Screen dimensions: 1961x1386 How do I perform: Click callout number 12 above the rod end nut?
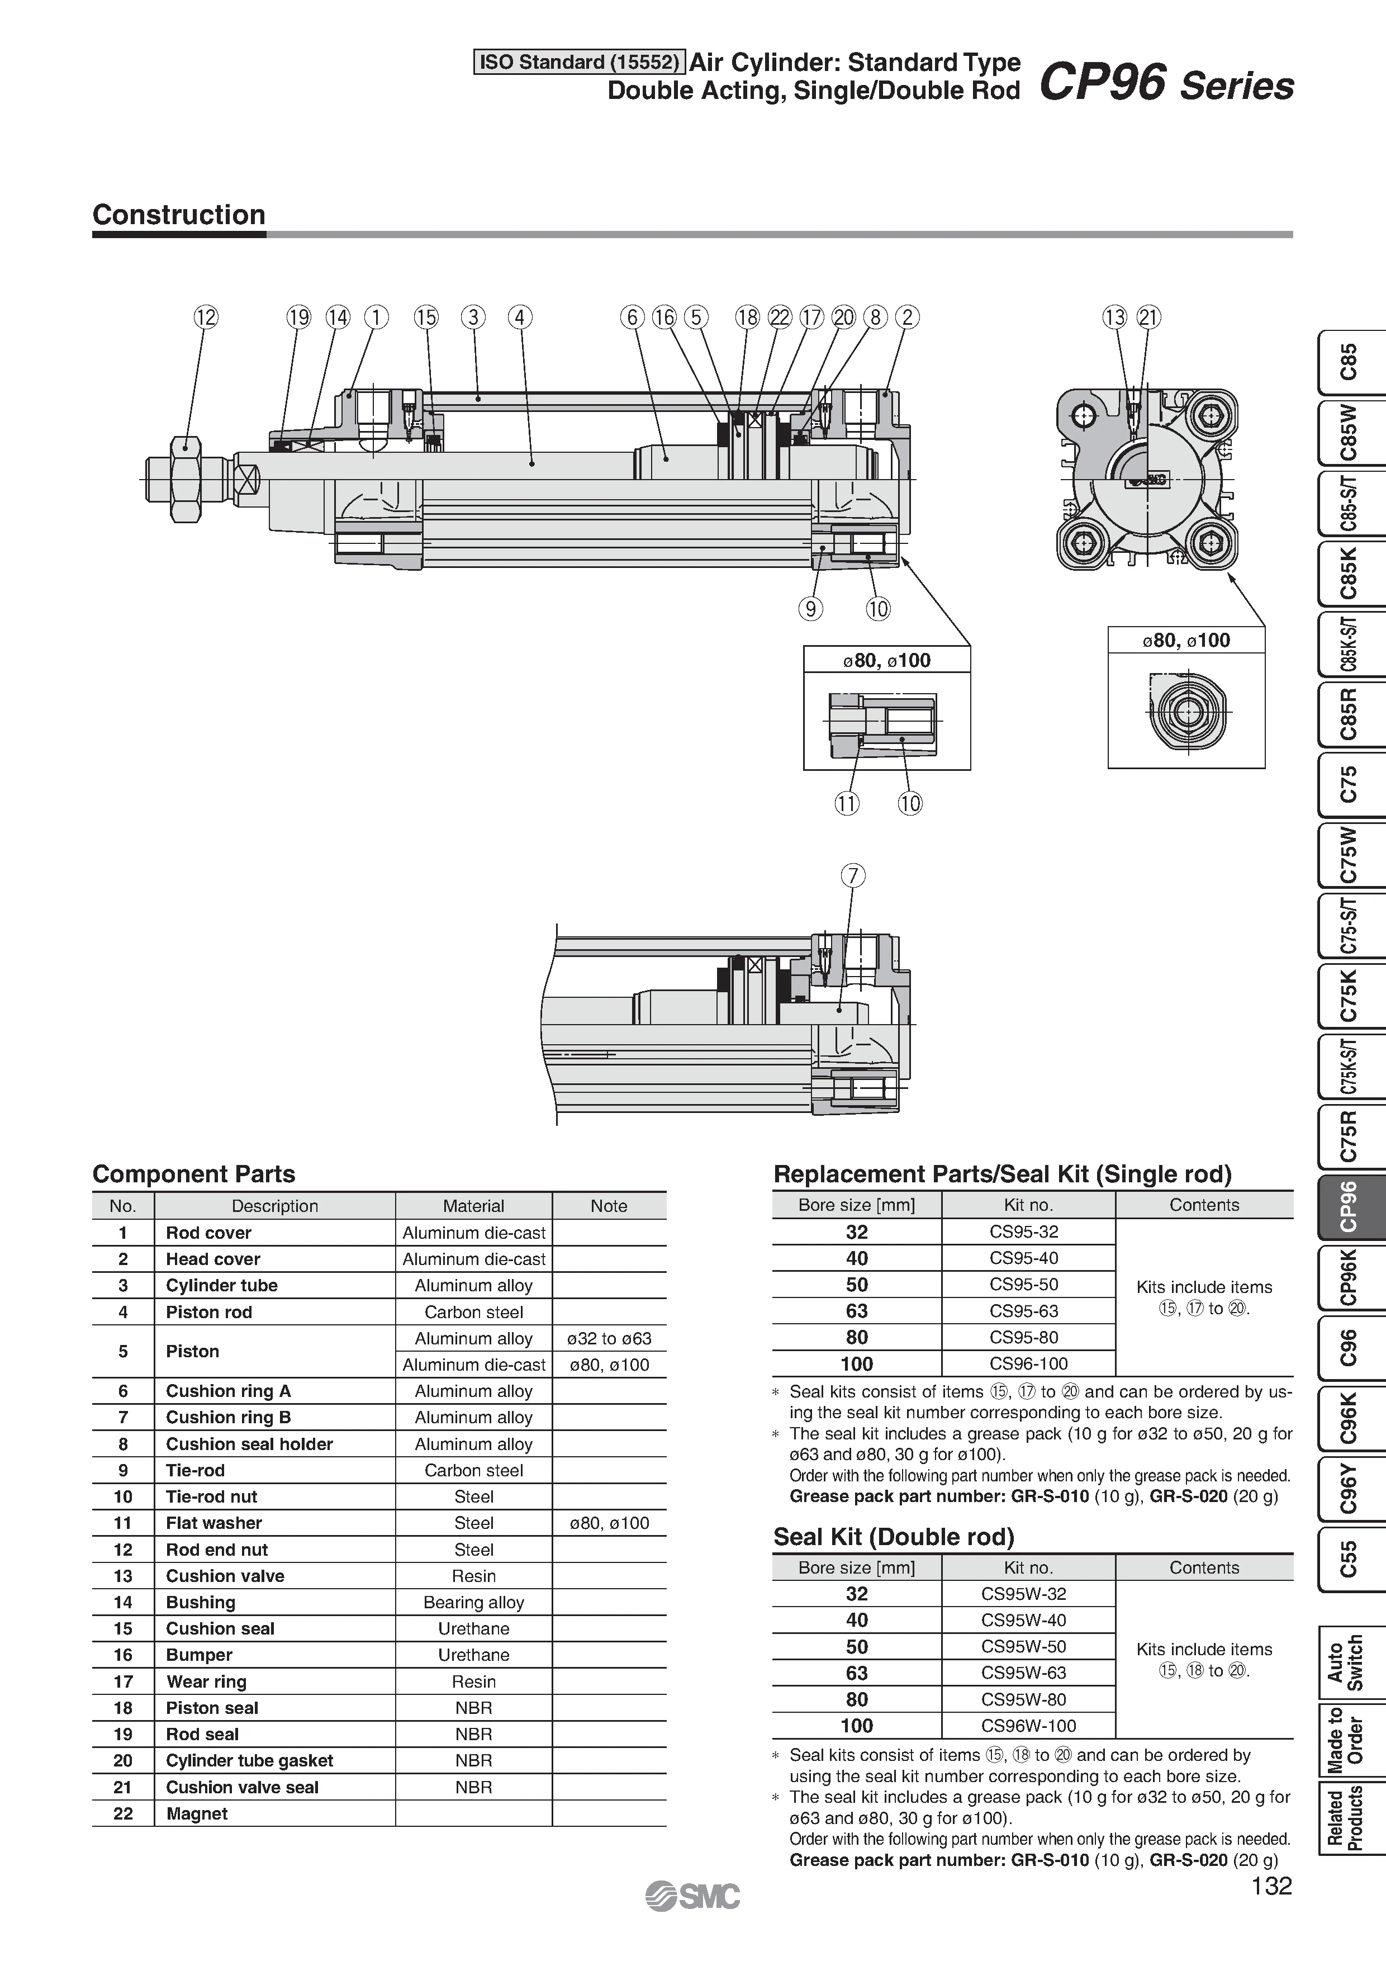(x=206, y=318)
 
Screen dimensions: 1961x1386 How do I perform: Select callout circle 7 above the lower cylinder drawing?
(x=852, y=875)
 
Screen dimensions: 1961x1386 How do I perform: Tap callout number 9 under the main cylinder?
(x=810, y=609)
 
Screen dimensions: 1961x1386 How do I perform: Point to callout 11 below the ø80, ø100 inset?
(x=846, y=803)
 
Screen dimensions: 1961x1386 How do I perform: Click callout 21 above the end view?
(x=1150, y=318)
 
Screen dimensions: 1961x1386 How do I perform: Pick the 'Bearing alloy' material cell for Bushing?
(x=473, y=1602)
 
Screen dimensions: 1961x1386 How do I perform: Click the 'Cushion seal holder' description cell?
(x=249, y=1443)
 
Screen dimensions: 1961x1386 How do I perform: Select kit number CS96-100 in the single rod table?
(x=1028, y=1363)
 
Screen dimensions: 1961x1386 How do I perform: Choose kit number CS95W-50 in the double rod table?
(x=1028, y=1646)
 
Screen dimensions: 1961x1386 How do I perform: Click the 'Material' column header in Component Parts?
(x=473, y=1206)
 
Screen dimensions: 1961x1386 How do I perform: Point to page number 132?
(x=1271, y=1887)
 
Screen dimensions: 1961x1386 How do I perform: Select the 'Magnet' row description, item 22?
(x=197, y=1813)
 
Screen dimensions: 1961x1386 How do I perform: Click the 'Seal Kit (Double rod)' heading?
(x=893, y=1537)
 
